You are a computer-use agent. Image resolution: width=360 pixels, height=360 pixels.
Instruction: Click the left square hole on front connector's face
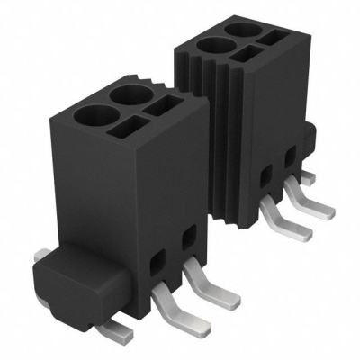coord(157,261)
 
